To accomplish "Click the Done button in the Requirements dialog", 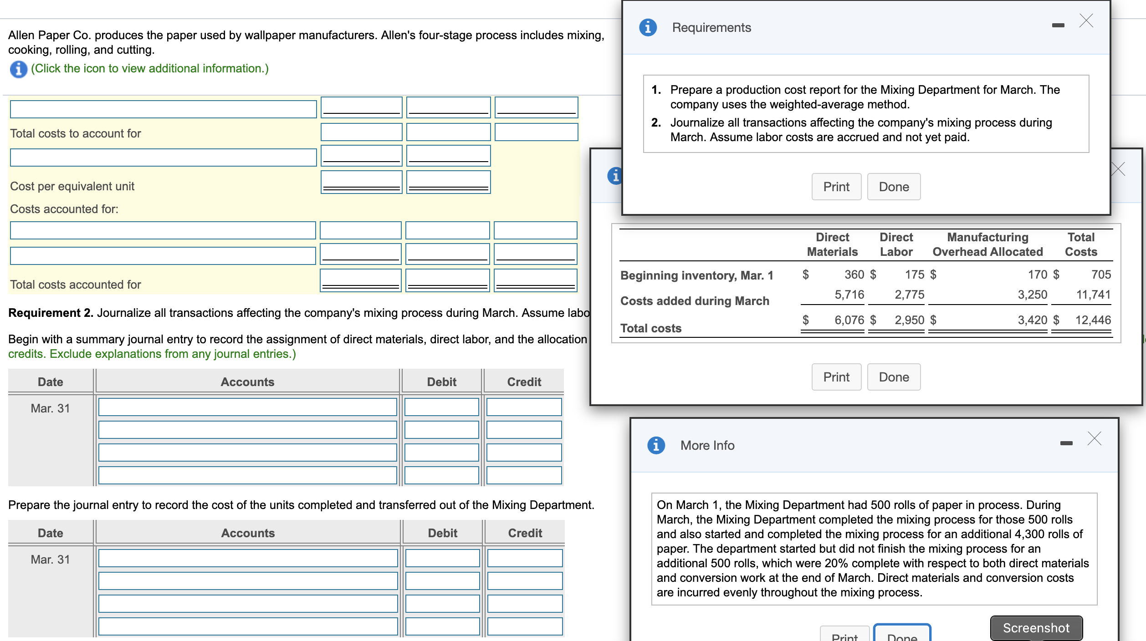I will point(893,187).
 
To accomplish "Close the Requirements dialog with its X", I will point(1086,21).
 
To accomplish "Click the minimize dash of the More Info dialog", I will point(1066,443).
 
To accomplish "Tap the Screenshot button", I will point(1036,628).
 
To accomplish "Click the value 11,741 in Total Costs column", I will point(1093,295).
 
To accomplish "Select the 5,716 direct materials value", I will point(849,295).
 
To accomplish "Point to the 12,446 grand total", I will point(1093,320).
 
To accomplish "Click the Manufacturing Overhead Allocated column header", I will point(987,244).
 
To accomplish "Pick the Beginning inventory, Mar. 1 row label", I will point(696,275).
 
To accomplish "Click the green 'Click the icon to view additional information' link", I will point(150,68).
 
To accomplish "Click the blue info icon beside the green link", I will point(18,69).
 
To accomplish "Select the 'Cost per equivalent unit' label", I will point(72,186).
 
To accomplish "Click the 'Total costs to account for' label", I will point(75,133).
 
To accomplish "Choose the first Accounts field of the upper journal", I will point(247,407).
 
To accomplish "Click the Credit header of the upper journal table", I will point(524,382).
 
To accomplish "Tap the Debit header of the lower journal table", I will point(442,533).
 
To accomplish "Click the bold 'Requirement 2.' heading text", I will point(51,313).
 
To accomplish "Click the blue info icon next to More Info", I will point(656,445).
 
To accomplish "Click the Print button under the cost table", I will point(836,377).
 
